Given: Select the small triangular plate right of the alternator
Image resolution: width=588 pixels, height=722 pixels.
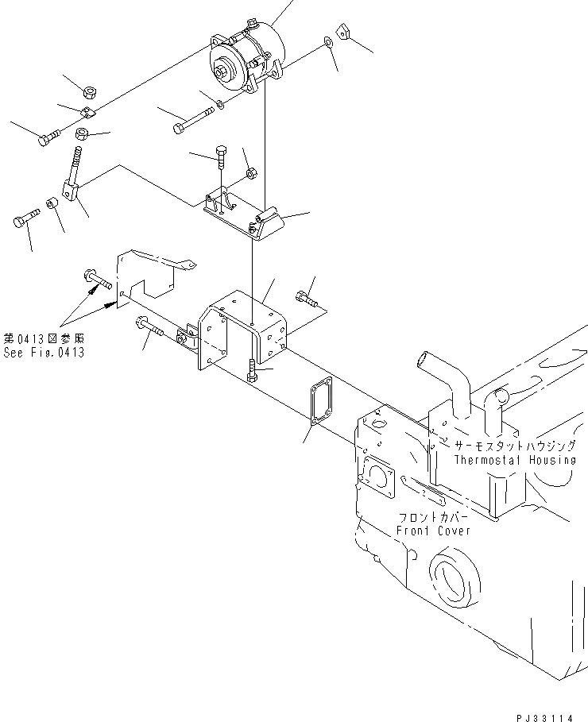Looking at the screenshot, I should click(x=342, y=33).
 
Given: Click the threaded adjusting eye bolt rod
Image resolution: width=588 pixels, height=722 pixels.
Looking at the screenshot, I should click(x=79, y=165).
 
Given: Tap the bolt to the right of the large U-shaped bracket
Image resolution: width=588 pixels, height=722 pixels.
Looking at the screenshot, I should click(x=305, y=299).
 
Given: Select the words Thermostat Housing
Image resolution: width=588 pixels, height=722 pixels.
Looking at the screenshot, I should click(x=514, y=460).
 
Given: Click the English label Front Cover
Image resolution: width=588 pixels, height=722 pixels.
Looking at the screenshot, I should click(x=435, y=531).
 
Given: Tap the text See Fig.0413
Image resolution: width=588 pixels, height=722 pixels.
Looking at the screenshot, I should click(x=44, y=353).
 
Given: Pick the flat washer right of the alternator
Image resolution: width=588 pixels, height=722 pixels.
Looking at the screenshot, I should click(x=328, y=42).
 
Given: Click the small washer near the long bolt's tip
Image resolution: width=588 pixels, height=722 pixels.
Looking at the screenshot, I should click(x=219, y=104).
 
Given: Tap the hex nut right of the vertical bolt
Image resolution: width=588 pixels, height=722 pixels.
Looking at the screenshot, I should click(x=250, y=172).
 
